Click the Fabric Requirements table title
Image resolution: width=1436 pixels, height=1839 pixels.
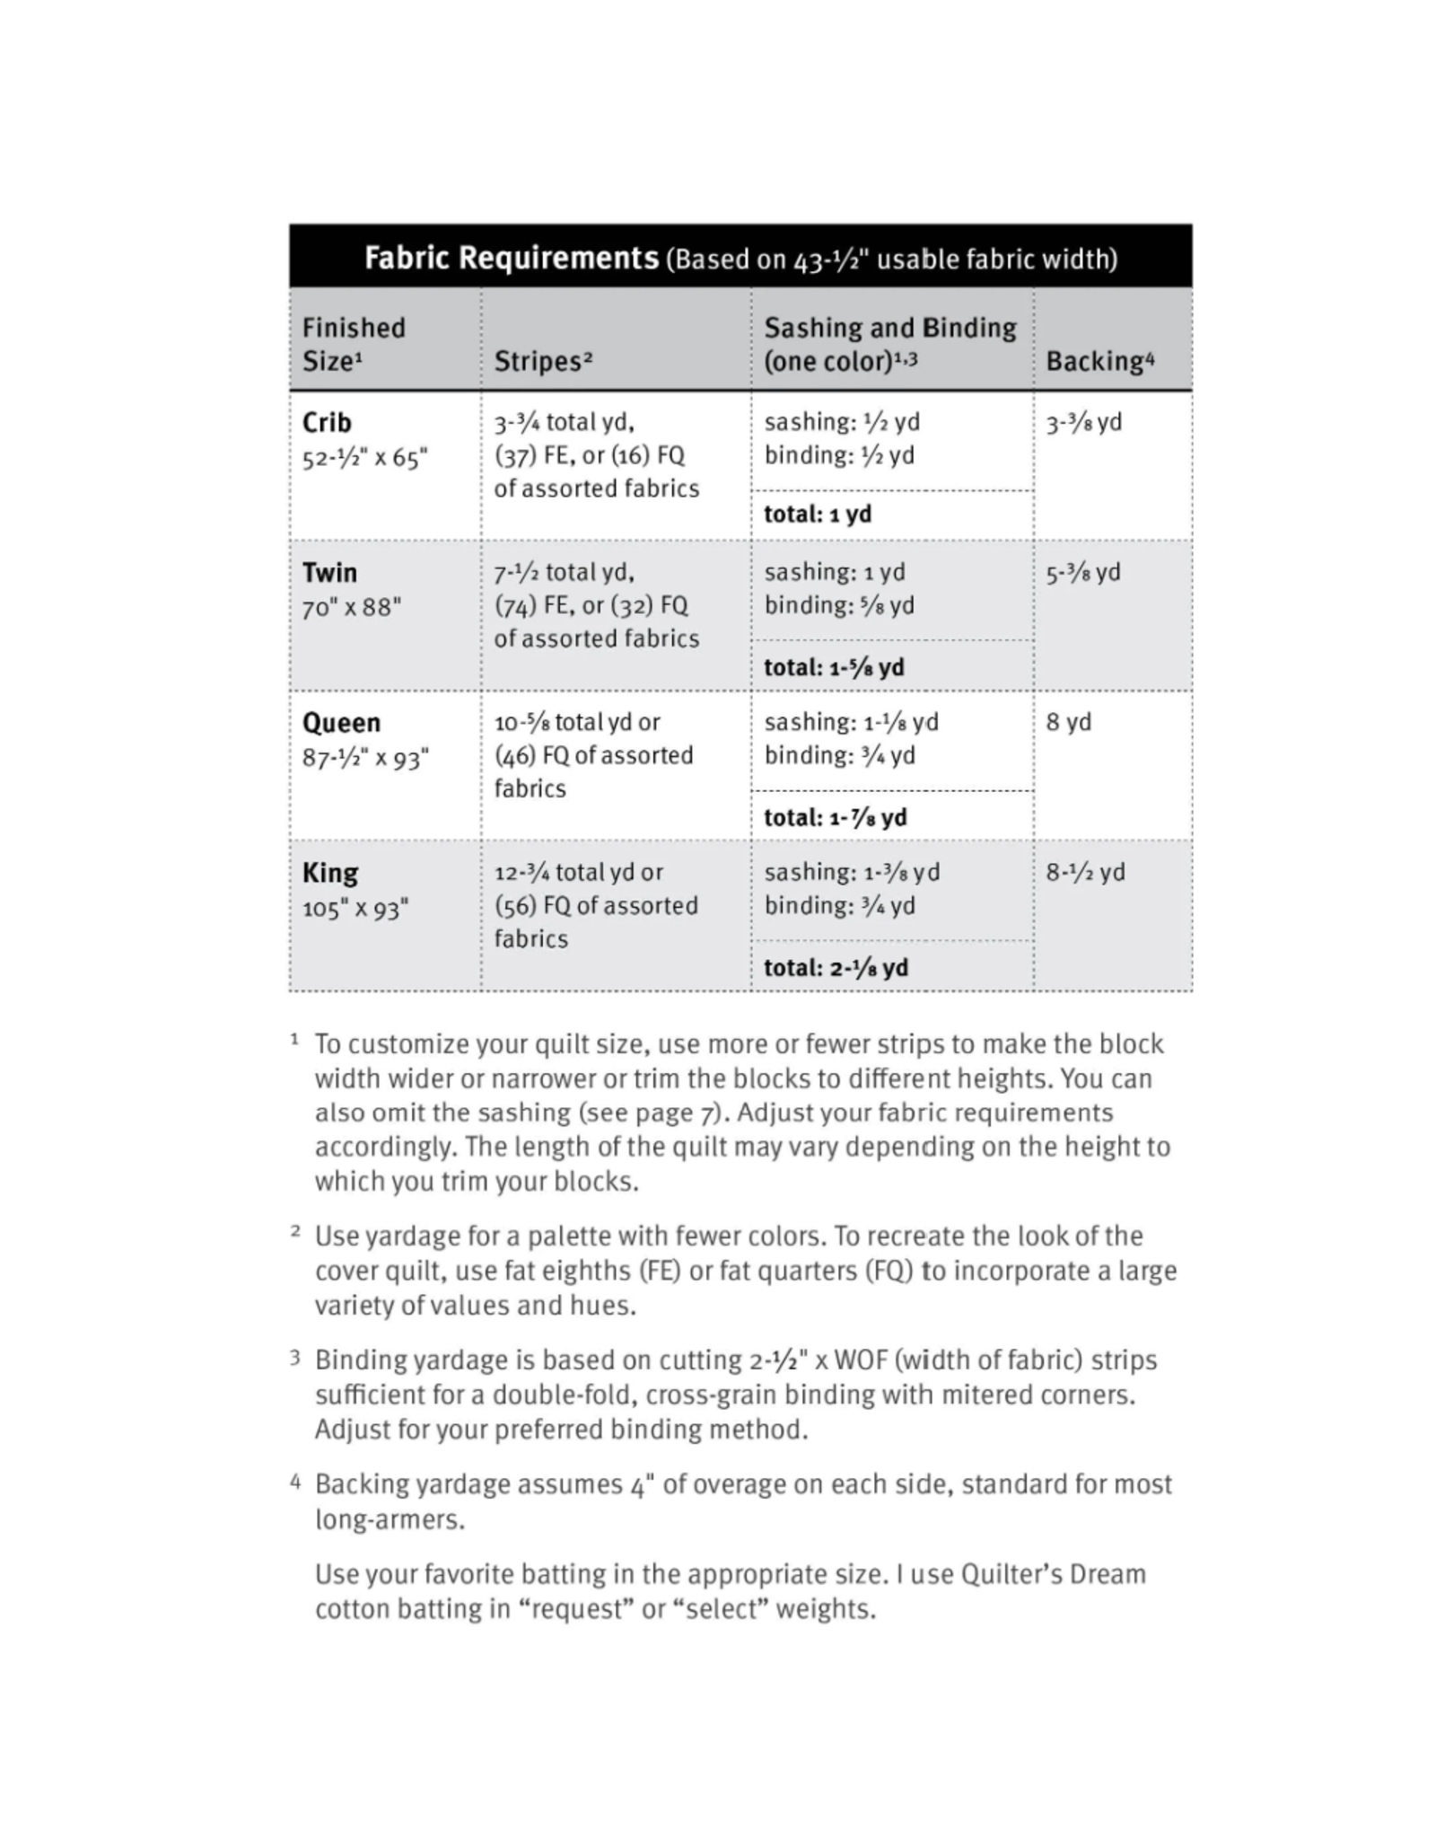click(x=511, y=259)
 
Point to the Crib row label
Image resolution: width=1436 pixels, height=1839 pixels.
click(x=327, y=422)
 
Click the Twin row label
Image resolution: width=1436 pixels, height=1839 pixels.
click(x=329, y=572)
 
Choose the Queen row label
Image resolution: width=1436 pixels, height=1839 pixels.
click(x=341, y=723)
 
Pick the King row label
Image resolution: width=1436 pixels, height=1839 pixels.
click(x=330, y=873)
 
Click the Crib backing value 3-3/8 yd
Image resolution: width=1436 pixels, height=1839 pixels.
click(x=1083, y=422)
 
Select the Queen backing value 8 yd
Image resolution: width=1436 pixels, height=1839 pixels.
click(x=1068, y=722)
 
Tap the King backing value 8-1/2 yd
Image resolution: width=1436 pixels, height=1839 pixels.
click(x=1085, y=872)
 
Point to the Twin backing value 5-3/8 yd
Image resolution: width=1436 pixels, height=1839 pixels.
click(x=1083, y=572)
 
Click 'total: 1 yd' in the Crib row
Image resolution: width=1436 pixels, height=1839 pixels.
click(x=818, y=515)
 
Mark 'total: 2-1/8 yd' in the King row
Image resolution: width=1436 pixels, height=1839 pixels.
click(x=836, y=967)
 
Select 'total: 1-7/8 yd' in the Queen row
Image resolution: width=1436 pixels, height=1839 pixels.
click(x=835, y=817)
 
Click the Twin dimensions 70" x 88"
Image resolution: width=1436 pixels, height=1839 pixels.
click(x=352, y=608)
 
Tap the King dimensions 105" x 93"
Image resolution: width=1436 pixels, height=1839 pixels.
click(x=355, y=909)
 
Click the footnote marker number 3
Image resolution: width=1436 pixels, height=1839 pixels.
click(x=295, y=1358)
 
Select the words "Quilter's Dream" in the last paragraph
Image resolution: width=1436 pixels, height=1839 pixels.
click(x=1053, y=1574)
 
